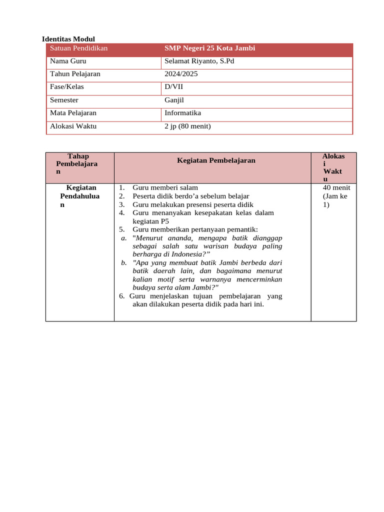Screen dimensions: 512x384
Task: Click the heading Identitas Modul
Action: (x=68, y=39)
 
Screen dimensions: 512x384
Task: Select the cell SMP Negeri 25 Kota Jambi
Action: (x=210, y=48)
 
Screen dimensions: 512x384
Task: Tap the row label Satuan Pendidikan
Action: (x=79, y=48)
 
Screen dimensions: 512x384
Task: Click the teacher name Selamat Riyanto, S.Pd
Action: (x=199, y=61)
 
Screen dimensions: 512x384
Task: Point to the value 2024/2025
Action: (x=181, y=74)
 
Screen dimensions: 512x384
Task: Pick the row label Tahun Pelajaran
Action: (x=75, y=74)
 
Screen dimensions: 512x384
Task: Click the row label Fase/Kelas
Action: (x=67, y=87)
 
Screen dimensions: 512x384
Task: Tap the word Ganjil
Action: (x=174, y=100)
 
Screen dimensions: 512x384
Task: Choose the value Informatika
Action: (x=183, y=113)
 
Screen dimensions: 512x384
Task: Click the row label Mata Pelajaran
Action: (x=73, y=113)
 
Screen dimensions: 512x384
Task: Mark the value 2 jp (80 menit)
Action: (x=188, y=126)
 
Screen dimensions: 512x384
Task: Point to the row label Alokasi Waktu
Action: (x=73, y=126)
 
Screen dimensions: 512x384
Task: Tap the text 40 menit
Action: (x=336, y=188)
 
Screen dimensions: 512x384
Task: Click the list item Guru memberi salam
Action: (x=165, y=188)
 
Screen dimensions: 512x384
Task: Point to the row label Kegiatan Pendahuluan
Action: (x=80, y=196)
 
